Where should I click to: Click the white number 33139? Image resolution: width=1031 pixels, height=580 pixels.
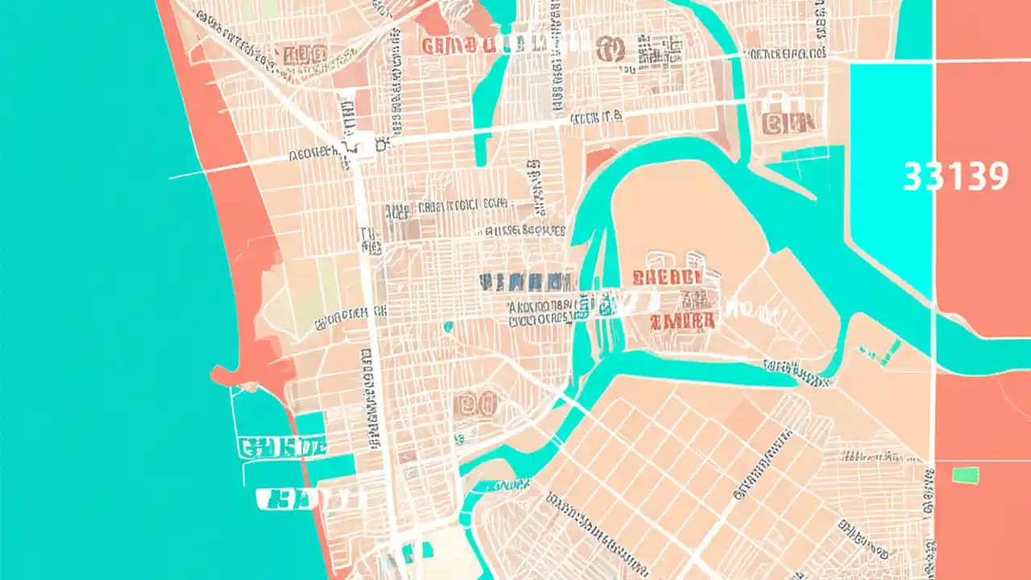pos(955,176)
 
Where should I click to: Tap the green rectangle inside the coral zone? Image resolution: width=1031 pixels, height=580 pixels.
pos(965,474)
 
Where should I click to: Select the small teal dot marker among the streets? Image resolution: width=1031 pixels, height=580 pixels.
pos(448,326)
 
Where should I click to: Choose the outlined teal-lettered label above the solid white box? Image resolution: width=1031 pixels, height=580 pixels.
pos(283,445)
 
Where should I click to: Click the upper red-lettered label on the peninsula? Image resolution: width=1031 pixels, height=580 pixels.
pos(666,277)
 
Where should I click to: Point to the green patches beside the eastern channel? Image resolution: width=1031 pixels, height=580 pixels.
pos(881,351)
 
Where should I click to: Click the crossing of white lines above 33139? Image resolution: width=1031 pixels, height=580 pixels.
pos(934,60)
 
